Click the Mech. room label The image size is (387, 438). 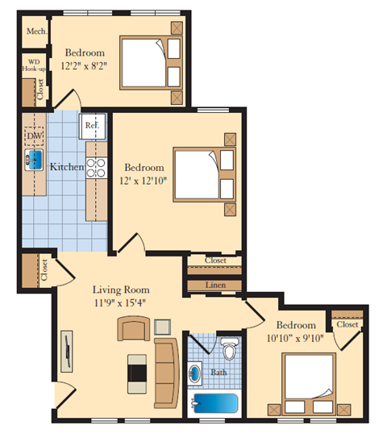(x=35, y=31)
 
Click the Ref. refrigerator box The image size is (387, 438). (x=90, y=126)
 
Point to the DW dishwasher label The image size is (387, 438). (x=34, y=136)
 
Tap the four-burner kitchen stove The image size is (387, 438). (x=97, y=167)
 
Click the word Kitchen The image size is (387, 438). (x=68, y=167)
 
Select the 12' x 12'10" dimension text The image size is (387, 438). (x=145, y=181)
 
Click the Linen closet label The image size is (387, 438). (x=214, y=286)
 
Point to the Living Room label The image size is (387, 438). (x=120, y=290)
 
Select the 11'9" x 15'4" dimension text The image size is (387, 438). (x=120, y=303)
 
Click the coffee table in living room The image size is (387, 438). (x=136, y=370)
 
